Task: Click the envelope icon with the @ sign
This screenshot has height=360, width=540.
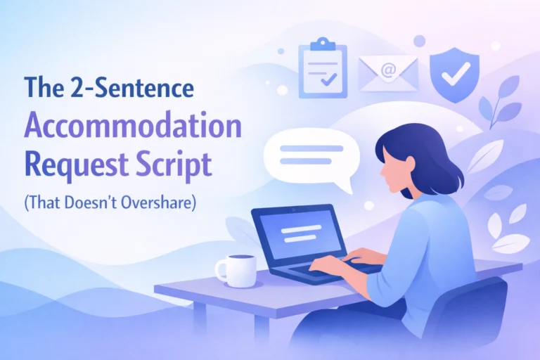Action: [388, 73]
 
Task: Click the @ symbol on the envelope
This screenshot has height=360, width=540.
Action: [388, 71]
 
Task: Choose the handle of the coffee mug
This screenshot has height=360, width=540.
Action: [220, 270]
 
